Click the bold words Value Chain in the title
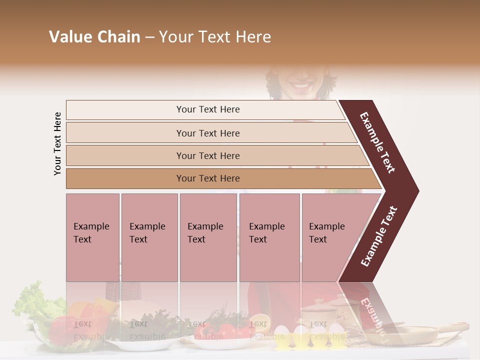point(94,37)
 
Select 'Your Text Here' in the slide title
point(215,37)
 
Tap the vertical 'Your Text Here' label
point(57,143)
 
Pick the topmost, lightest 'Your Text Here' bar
point(207,109)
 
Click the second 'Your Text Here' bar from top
point(207,133)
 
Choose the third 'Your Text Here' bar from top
point(207,155)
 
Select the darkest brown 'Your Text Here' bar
point(207,178)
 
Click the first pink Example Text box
point(92,237)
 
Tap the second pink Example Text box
point(149,237)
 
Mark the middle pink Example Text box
point(208,237)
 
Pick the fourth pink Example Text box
point(269,237)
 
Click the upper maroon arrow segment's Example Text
point(378,142)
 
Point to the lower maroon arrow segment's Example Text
point(379,236)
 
